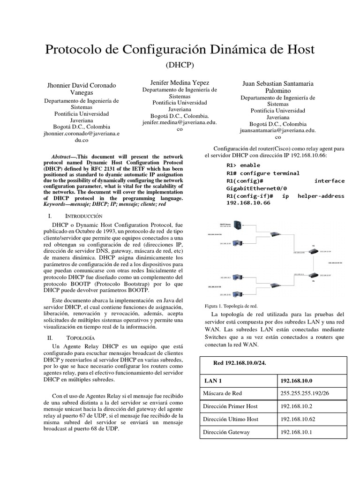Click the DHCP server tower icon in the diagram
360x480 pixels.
pyautogui.click(x=238, y=225)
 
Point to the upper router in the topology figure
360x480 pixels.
pyautogui.click(x=313, y=250)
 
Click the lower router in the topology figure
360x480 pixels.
pyautogui.click(x=313, y=276)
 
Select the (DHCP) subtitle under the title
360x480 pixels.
pyautogui.click(x=180, y=65)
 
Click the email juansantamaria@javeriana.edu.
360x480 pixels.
pyautogui.click(x=277, y=131)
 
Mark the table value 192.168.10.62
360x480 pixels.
pyautogui.click(x=298, y=419)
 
